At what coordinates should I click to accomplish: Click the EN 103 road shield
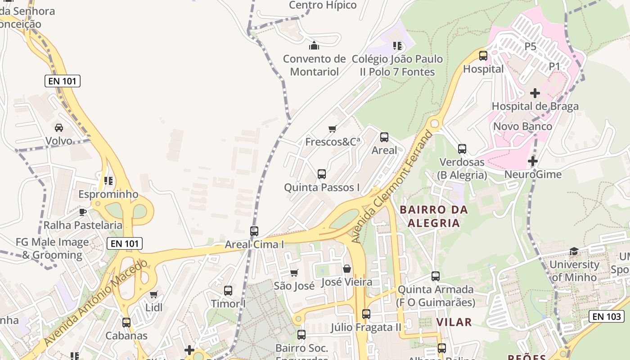(x=607, y=316)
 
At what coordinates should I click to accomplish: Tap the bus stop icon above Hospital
(x=483, y=56)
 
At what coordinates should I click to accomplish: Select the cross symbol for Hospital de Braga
(x=535, y=93)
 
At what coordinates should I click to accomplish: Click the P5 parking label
(x=531, y=46)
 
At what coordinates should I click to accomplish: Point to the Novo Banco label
(x=522, y=126)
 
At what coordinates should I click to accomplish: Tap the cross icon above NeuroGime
(x=533, y=161)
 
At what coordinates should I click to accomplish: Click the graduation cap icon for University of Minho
(x=574, y=251)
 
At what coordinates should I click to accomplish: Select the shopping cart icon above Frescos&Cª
(x=333, y=129)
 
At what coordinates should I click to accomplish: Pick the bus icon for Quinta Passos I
(x=321, y=174)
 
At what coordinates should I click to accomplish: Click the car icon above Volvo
(x=59, y=128)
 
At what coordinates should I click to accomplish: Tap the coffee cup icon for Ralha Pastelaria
(x=83, y=212)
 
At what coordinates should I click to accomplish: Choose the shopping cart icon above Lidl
(x=154, y=295)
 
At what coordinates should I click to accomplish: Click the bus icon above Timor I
(x=228, y=291)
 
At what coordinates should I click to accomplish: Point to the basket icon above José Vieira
(x=347, y=269)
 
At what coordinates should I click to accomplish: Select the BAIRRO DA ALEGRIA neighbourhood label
(x=434, y=216)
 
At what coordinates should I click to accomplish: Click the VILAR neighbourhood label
(x=454, y=322)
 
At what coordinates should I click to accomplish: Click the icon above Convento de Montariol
(x=314, y=45)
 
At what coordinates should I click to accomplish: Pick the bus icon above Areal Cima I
(x=254, y=231)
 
